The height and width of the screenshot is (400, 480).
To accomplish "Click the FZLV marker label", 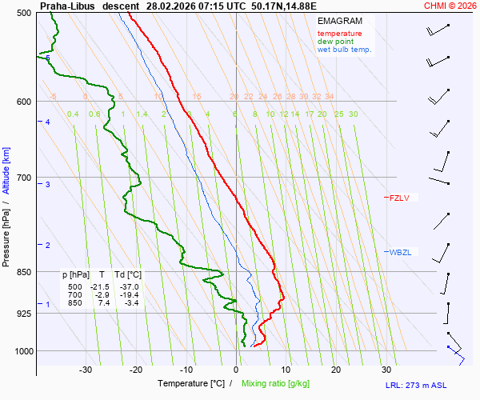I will (399, 198).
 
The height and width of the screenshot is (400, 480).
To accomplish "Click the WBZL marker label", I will (400, 252).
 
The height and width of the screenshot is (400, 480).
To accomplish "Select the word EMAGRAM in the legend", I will (340, 21).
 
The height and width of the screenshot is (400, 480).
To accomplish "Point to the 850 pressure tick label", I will (23, 272).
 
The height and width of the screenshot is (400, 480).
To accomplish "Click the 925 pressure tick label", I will (23, 313).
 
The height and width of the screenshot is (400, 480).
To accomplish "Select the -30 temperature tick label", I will (86, 370).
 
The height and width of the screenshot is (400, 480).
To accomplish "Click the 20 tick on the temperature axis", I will (336, 370).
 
